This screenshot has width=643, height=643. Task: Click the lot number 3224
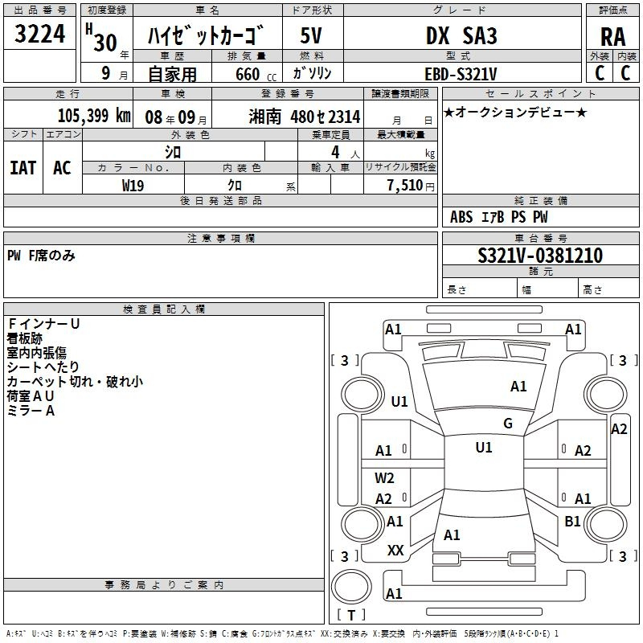coord(39,34)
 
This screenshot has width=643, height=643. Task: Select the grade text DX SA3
coord(461,35)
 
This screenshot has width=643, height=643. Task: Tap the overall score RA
coord(613,37)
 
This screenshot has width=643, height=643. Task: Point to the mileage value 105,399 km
coord(94,116)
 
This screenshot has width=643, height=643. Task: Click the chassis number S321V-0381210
coord(540,256)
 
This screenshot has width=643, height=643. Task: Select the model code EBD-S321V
coord(461,74)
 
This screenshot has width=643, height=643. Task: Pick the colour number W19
coord(133,186)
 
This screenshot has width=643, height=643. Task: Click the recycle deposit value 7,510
coord(405,186)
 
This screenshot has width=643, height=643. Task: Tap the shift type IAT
coord(23,168)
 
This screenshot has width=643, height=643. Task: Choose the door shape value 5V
coord(311,35)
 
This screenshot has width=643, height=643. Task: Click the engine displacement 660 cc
coord(256,74)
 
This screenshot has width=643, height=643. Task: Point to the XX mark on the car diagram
coord(395,551)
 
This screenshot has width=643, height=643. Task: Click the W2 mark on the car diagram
coord(384,477)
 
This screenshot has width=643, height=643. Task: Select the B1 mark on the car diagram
coord(572,521)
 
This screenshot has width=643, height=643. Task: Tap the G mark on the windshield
coord(508,424)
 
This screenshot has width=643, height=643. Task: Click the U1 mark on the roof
coord(484,448)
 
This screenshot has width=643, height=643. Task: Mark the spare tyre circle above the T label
coord(351,587)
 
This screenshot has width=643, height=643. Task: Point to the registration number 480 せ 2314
coord(326,117)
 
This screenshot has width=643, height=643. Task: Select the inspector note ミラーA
coord(31,411)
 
